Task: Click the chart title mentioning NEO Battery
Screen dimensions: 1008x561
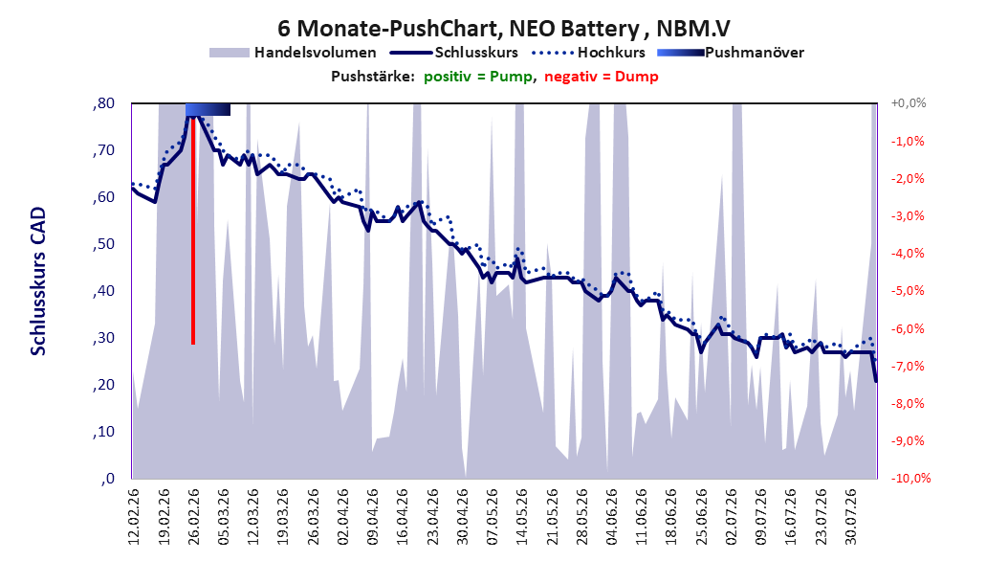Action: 503,29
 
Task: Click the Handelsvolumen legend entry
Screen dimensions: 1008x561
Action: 293,53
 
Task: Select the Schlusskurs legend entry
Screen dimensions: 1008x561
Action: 454,53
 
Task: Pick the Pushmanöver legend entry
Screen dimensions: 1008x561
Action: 731,53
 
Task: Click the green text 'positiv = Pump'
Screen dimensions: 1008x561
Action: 477,77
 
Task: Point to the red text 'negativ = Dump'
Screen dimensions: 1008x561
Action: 602,77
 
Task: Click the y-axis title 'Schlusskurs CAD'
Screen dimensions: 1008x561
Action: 38,281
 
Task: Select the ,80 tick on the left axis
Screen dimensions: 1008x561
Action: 103,103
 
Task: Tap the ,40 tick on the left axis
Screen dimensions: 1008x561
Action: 103,291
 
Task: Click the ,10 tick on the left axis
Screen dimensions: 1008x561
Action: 103,432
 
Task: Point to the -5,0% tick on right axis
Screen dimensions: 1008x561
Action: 908,291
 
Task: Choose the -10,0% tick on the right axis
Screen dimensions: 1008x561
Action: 910,478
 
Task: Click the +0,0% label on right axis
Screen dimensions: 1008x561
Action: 909,103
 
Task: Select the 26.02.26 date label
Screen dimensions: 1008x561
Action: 193,517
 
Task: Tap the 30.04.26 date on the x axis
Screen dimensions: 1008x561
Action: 462,517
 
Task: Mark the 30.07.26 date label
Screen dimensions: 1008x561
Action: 850,517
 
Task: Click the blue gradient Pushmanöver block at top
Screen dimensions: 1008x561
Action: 208,109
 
